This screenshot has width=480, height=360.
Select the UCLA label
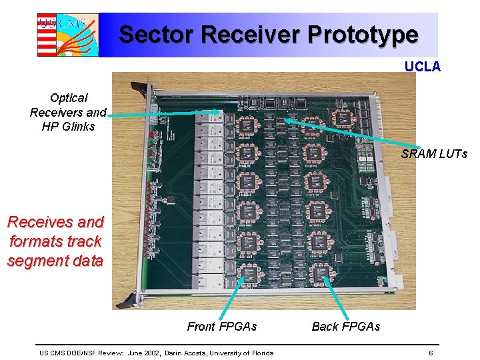[423, 67]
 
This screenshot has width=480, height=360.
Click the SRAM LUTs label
[434, 154]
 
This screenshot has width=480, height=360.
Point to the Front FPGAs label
[221, 326]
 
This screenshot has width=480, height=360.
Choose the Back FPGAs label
[345, 326]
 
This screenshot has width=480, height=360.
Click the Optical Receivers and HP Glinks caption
[68, 112]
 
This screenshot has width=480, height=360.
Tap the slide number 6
[431, 353]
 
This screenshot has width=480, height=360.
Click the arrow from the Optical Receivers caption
[163, 113]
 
